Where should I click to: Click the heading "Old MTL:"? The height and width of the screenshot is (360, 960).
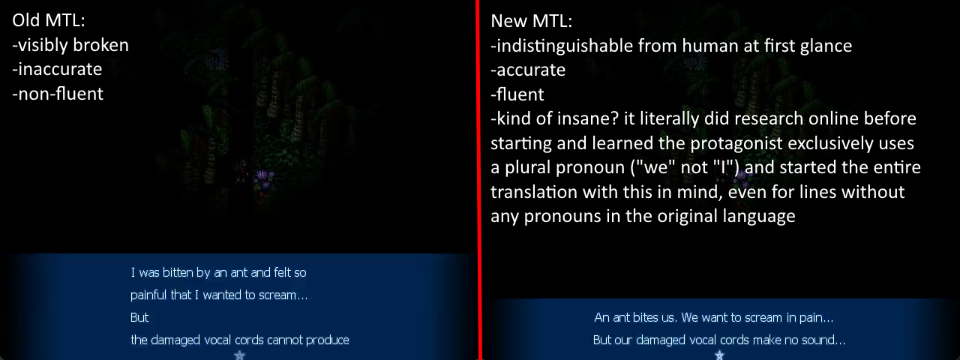pyautogui.click(x=49, y=20)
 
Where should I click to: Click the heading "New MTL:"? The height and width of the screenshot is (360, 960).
pyautogui.click(x=532, y=21)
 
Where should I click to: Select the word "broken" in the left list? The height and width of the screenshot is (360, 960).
pyautogui.click(x=101, y=45)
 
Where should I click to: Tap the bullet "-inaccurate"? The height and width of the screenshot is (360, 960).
pyautogui.click(x=57, y=70)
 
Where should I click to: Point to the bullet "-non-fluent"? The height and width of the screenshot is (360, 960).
pyautogui.click(x=58, y=94)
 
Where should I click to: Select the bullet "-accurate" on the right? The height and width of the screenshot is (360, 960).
pyautogui.click(x=528, y=70)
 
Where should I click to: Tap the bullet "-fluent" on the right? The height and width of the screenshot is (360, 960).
pyautogui.click(x=517, y=94)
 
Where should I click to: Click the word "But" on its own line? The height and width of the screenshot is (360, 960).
pyautogui.click(x=139, y=317)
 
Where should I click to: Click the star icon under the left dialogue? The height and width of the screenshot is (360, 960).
pyautogui.click(x=239, y=355)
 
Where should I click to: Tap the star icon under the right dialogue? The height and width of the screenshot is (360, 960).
pyautogui.click(x=719, y=355)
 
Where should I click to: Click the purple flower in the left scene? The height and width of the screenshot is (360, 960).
pyautogui.click(x=262, y=175)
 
